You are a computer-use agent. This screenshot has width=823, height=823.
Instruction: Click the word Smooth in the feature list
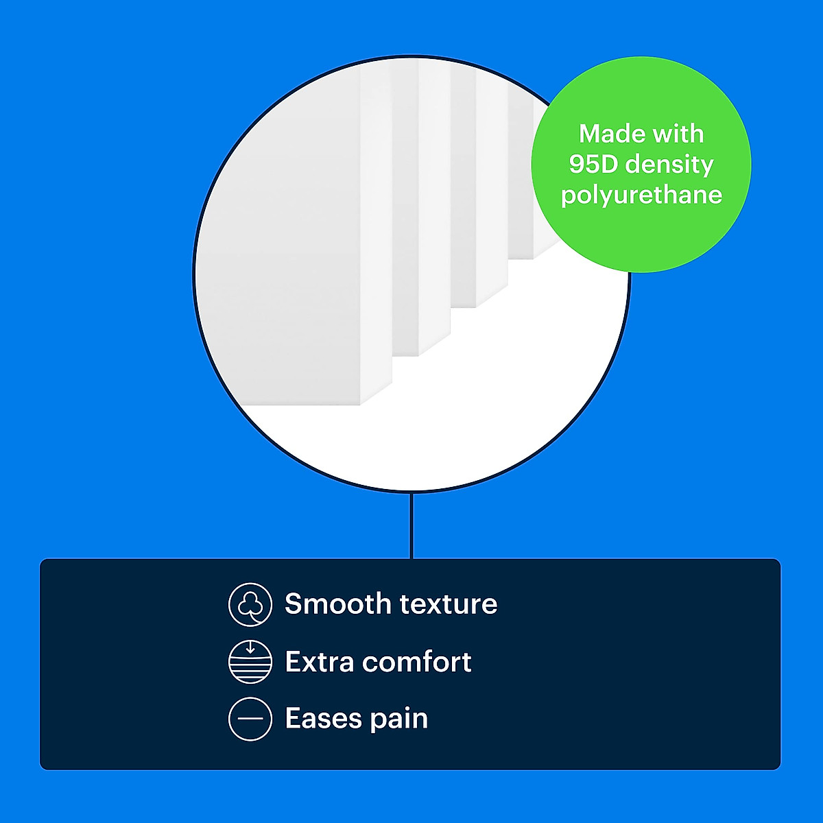click(337, 604)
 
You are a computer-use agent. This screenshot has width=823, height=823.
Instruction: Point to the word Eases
click(322, 718)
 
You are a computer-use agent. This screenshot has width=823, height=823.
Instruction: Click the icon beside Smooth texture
click(250, 604)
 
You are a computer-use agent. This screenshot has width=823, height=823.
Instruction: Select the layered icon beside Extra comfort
click(250, 662)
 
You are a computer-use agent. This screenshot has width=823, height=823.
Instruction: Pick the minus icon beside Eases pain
click(250, 719)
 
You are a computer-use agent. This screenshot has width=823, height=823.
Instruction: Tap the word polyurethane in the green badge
click(641, 196)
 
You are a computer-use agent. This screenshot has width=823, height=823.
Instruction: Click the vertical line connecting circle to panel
click(411, 526)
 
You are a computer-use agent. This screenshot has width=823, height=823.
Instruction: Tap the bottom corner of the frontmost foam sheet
click(359, 405)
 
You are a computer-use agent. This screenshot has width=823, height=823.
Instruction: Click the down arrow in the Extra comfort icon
click(250, 647)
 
